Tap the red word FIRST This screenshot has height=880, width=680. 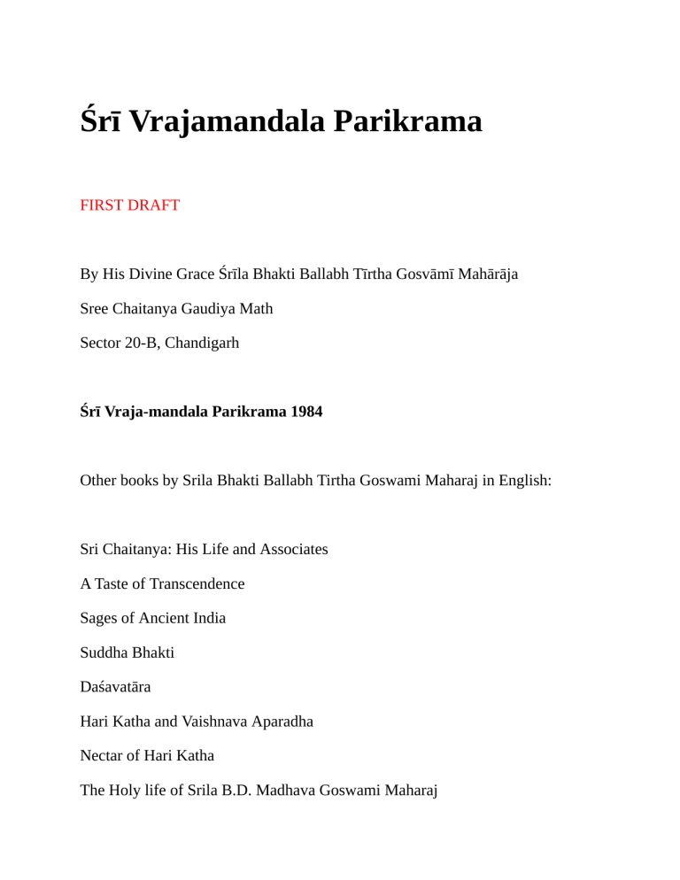103,205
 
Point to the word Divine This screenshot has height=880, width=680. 155,274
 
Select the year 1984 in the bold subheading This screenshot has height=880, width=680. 304,412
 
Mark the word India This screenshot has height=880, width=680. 208,618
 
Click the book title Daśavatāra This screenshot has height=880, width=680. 115,686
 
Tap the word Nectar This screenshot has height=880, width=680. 103,756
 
